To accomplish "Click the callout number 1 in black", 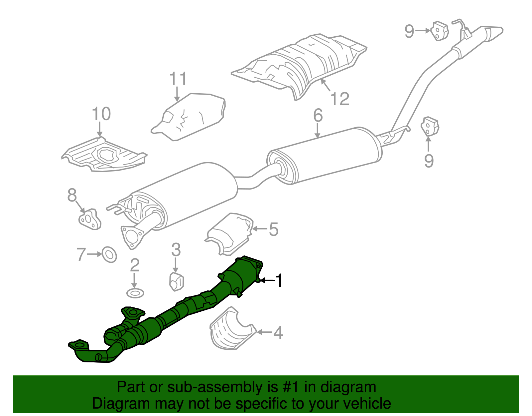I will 279,280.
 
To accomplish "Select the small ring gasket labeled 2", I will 135,293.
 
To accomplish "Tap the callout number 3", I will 176,249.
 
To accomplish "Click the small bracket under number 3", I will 176,282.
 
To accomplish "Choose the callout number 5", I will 273,229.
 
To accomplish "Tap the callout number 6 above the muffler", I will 318,115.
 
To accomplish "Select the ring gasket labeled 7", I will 109,254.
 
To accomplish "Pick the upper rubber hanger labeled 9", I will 439,31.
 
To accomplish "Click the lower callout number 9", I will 429,161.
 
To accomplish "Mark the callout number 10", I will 101,114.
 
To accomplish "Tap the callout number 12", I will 340,99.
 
